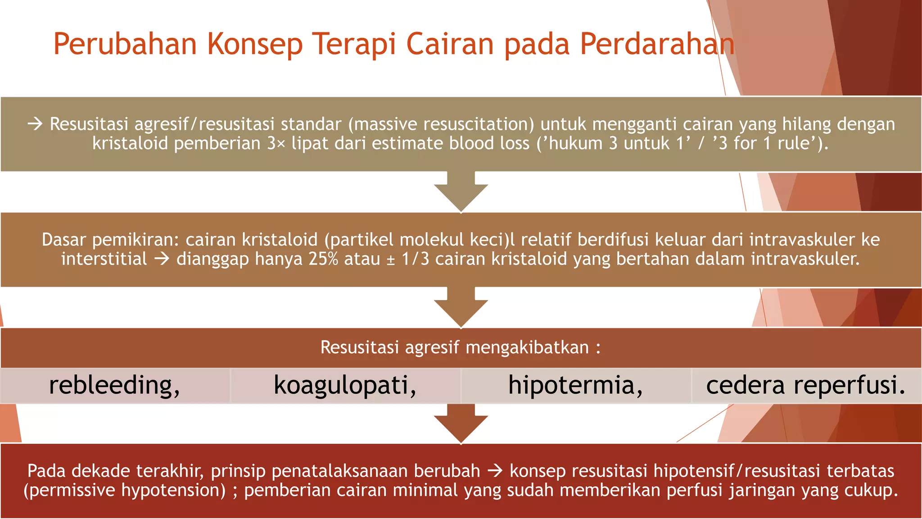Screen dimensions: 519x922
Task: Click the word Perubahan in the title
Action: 125,44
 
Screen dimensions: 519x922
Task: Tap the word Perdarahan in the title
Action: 657,44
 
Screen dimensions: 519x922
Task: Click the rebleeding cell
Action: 115,386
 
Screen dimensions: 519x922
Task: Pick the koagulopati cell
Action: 345,386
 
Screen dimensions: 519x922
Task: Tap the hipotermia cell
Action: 576,386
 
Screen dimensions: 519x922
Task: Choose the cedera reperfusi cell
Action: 806,386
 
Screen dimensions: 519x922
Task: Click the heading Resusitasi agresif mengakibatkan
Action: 461,347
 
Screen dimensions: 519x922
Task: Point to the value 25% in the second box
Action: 323,259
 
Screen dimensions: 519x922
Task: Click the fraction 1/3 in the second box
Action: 415,259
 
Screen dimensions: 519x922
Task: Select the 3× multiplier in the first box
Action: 276,143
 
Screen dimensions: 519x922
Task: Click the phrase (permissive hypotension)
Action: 125,490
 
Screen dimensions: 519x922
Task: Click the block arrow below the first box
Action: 461,191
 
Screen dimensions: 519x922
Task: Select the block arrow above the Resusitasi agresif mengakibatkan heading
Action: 461,307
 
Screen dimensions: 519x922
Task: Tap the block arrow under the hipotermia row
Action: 461,423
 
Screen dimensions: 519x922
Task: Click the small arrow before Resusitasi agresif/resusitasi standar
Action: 35,124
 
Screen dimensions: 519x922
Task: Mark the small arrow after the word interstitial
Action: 162,259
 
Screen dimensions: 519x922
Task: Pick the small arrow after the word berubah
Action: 495,471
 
